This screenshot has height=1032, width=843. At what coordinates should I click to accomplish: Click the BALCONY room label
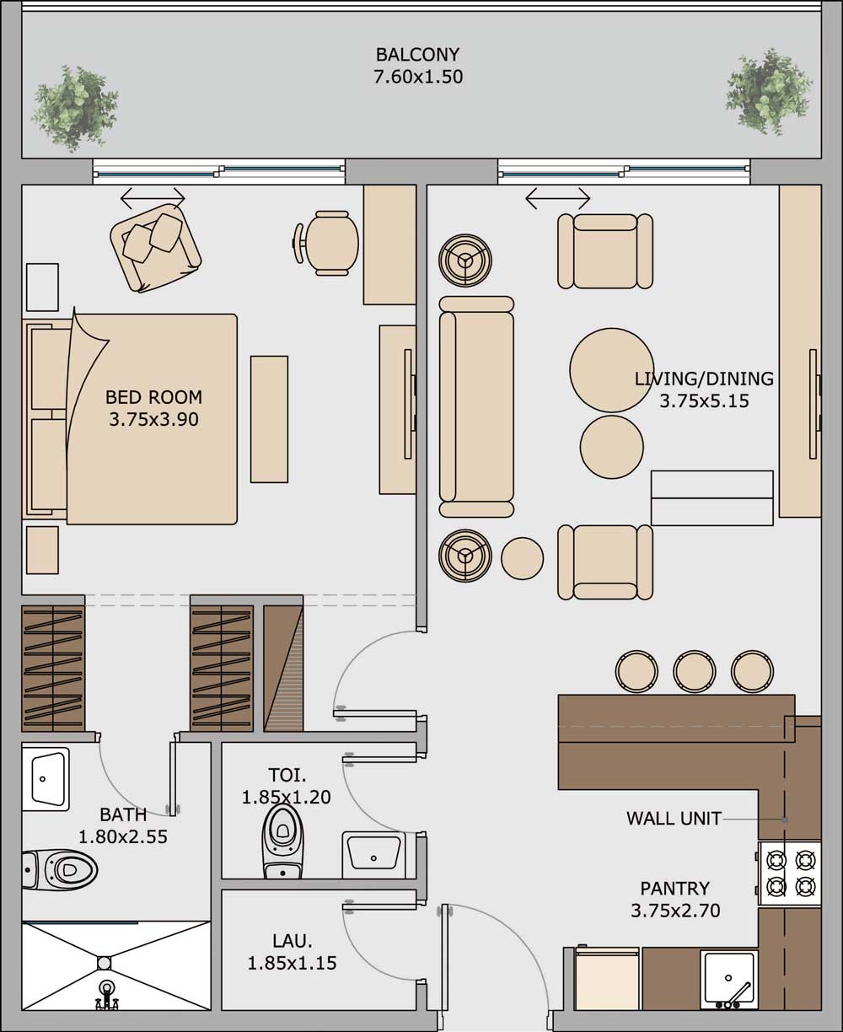[x=417, y=54]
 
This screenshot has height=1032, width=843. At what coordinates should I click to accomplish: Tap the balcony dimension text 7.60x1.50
[x=418, y=78]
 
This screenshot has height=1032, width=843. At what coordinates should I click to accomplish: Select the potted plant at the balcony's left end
[x=75, y=108]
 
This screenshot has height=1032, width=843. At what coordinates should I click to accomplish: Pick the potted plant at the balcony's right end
[x=768, y=92]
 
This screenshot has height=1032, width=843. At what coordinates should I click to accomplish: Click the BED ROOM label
[x=153, y=397]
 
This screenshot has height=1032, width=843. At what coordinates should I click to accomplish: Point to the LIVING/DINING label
[x=704, y=379]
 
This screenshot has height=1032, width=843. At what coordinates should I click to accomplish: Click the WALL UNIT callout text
[x=674, y=818]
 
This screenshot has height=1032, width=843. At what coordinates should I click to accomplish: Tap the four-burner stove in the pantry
[x=790, y=873]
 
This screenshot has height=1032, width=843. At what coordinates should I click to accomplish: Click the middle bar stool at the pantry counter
[x=694, y=671]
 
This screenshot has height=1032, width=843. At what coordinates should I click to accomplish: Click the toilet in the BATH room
[x=60, y=869]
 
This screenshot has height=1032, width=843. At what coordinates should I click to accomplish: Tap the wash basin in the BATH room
[x=45, y=778]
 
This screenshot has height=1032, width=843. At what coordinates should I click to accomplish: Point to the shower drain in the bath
[x=104, y=963]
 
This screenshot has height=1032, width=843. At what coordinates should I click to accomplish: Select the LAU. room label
[x=292, y=940]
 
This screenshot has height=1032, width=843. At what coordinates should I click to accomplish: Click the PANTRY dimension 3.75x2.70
[x=675, y=911]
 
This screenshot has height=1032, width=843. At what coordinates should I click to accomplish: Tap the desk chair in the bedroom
[x=326, y=243]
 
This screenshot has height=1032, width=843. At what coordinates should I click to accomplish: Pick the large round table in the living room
[x=611, y=370]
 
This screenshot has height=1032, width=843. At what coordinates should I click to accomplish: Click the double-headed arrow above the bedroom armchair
[x=153, y=198]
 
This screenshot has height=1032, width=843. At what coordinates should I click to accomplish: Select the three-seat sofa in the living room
[x=476, y=406]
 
